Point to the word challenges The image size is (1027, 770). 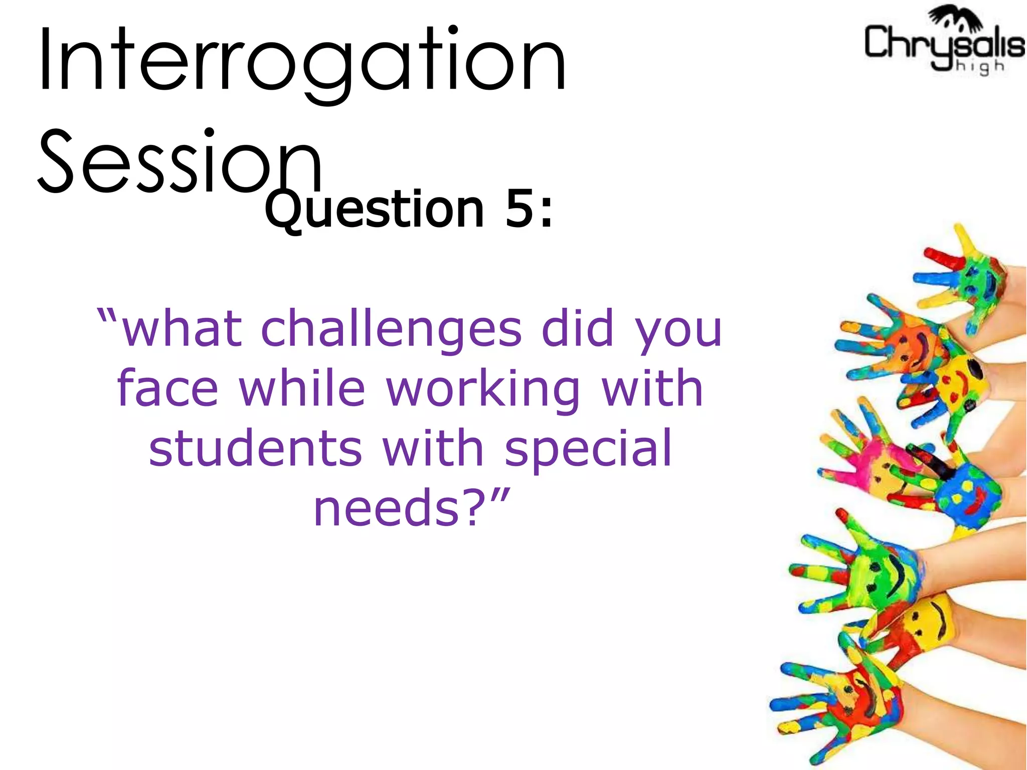click(392, 330)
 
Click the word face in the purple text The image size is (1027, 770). click(168, 389)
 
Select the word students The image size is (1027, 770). click(256, 448)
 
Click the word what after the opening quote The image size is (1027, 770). click(183, 329)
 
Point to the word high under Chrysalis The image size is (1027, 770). click(980, 67)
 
